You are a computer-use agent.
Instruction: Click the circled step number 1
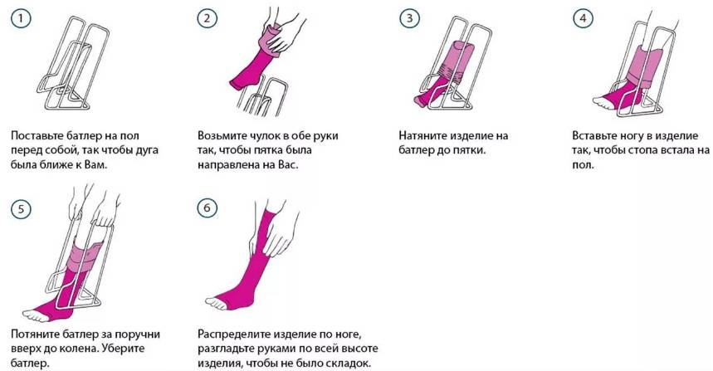tap(21, 19)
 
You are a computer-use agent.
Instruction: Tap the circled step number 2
tap(207, 18)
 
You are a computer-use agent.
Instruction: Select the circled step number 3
tap(409, 18)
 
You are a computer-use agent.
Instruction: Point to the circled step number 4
tap(583, 18)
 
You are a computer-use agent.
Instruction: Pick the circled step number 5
tap(21, 210)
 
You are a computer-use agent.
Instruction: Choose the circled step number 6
tap(207, 208)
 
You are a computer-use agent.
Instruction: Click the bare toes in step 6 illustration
tap(215, 303)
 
